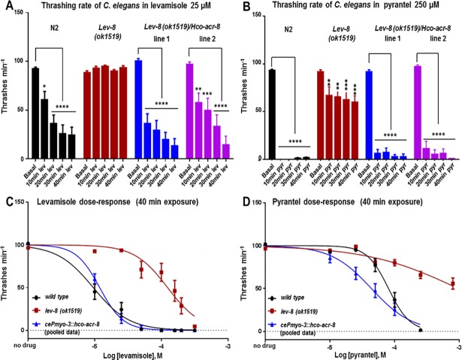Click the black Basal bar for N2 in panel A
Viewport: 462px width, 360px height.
pyautogui.click(x=35, y=112)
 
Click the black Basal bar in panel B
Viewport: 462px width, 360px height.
pyautogui.click(x=271, y=113)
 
